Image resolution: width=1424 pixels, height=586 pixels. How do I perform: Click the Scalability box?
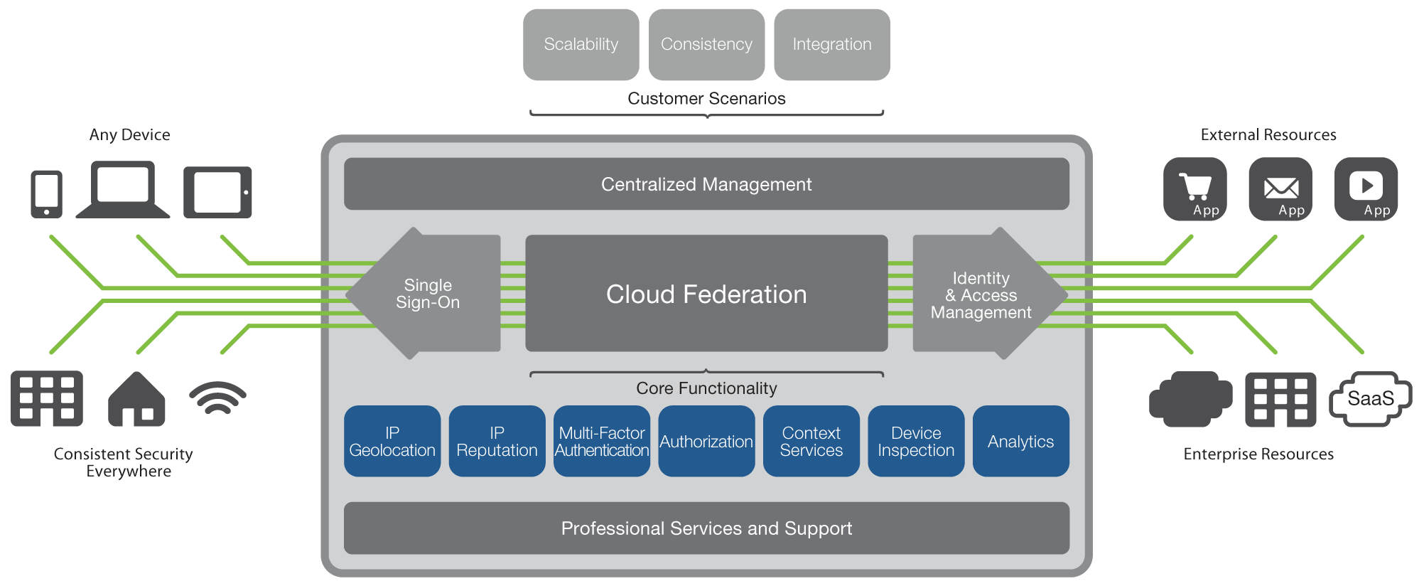point(581,45)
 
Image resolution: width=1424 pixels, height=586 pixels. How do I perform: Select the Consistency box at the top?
point(706,45)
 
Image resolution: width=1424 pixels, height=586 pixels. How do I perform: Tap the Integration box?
point(832,45)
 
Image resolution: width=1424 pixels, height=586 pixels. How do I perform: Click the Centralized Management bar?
point(706,184)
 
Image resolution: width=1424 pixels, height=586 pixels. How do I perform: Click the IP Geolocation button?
point(392,441)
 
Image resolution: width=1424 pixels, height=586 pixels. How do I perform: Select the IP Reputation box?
point(497,441)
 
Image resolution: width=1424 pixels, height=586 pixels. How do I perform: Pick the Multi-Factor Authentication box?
point(602,441)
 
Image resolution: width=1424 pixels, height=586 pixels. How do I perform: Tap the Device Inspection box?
point(916,441)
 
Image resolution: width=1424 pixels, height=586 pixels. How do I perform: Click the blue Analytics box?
point(1021,441)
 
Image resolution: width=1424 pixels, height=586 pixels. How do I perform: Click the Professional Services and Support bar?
point(706,528)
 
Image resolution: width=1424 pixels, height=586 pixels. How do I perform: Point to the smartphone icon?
point(47,194)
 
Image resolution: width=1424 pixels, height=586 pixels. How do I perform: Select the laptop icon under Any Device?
point(123,189)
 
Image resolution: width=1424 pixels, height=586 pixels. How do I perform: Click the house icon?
point(136,399)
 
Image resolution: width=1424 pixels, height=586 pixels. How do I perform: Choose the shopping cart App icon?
point(1195,189)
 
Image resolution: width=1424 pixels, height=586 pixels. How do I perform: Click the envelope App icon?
point(1280,189)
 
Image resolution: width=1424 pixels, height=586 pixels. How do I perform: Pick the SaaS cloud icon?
point(1371,399)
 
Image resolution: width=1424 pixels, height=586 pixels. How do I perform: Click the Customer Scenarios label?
point(706,99)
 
